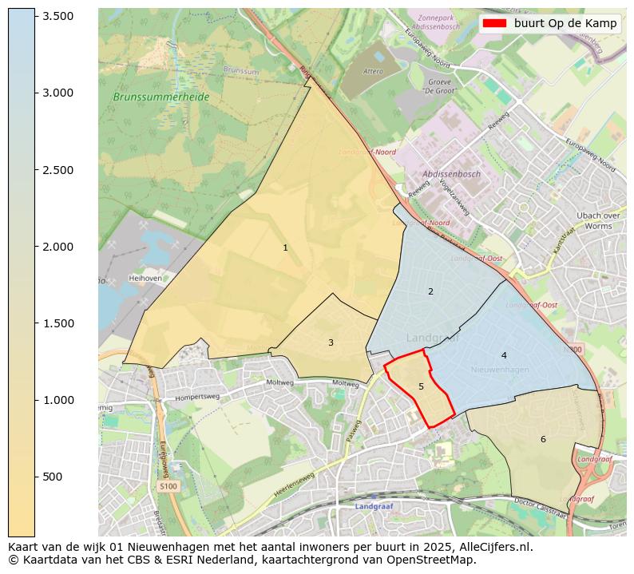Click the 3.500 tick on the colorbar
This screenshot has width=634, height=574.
(35, 16)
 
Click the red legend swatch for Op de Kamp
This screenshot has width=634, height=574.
(495, 23)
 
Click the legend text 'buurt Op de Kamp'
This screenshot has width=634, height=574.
(565, 23)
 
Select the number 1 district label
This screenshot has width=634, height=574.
(285, 247)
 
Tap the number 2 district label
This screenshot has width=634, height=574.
(430, 291)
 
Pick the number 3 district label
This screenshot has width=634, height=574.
(331, 342)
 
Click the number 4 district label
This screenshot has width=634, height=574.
(504, 355)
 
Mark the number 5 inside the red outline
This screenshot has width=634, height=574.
(421, 386)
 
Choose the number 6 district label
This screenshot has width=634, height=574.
(543, 439)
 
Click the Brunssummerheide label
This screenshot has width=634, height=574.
(161, 97)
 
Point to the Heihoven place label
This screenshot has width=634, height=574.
(145, 279)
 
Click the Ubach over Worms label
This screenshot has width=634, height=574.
(599, 221)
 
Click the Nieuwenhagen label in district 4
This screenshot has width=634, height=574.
(500, 370)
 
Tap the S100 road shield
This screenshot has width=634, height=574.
(168, 485)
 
